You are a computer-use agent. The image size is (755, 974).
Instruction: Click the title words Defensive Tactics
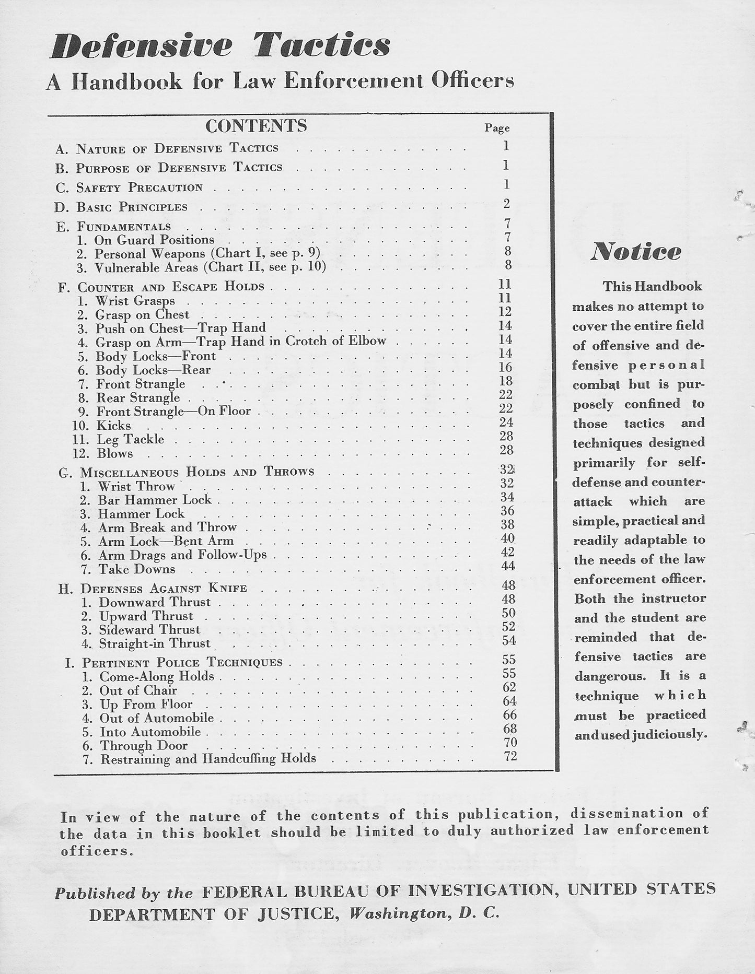pos(220,46)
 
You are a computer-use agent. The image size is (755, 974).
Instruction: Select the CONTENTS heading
pos(256,126)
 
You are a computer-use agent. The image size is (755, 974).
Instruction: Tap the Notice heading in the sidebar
pos(636,252)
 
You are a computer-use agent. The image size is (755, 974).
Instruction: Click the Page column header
pos(497,128)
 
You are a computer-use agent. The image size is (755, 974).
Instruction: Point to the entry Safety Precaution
pos(140,187)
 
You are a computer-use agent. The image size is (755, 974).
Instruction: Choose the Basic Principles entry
pos(132,207)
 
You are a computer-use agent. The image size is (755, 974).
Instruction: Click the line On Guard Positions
pos(154,240)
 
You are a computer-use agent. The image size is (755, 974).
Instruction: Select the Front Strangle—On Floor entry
pos(173,412)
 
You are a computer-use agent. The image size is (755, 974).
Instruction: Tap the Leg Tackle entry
pos(130,440)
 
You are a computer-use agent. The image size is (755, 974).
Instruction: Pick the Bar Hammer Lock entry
pos(155,500)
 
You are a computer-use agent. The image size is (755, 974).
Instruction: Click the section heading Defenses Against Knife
pos(164,589)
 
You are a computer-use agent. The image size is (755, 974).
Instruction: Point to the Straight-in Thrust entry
pos(155,643)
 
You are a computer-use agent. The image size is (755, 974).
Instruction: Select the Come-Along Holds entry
pos(157,676)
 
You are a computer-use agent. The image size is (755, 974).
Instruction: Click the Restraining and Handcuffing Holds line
pos(208,759)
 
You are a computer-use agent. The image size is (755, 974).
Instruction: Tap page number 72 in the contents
pos(510,756)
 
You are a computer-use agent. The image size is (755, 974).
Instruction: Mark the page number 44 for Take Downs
pos(507,566)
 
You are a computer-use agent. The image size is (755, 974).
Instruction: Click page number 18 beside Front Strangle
pos(506,381)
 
